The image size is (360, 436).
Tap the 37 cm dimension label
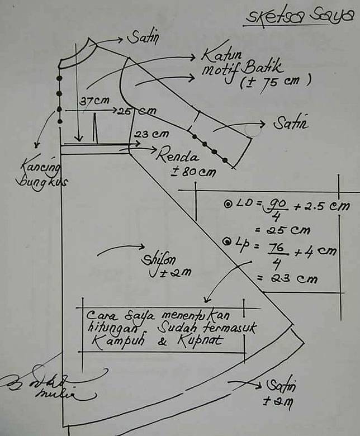(x=94, y=102)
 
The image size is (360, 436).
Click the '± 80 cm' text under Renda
(x=192, y=172)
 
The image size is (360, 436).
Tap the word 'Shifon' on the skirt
(x=157, y=260)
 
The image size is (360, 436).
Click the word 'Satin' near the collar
(x=143, y=38)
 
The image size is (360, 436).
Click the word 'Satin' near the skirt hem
(x=281, y=385)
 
